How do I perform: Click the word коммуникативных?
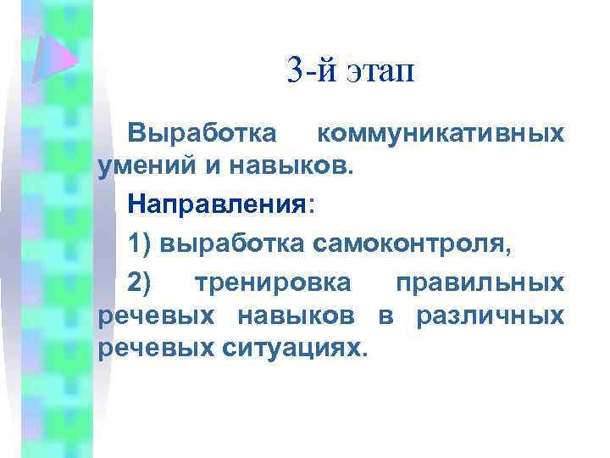(439, 134)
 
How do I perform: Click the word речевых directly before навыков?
(153, 316)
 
